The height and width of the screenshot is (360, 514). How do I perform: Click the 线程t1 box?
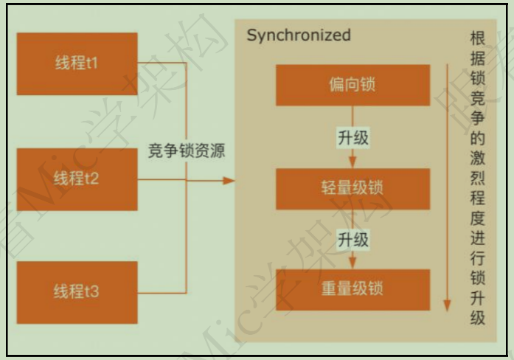coord(77,63)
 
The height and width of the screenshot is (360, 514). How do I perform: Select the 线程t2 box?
coord(77,179)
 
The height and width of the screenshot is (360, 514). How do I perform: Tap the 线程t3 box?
coord(77,292)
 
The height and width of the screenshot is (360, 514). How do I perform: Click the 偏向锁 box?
coord(352,85)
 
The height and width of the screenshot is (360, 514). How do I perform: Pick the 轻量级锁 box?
coord(352,188)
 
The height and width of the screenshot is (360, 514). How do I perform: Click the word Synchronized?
coord(299,35)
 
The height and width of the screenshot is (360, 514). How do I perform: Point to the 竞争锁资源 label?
coord(187,151)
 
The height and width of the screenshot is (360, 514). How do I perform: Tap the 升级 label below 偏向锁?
coord(352,137)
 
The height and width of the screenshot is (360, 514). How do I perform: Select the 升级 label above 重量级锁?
coord(352,240)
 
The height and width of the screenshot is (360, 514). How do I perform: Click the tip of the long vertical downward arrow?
coord(445,308)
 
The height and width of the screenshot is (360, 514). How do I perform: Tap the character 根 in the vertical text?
coord(477,39)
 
